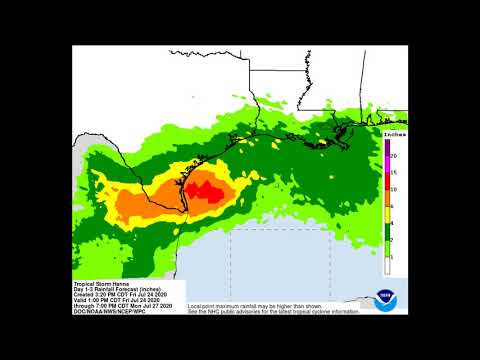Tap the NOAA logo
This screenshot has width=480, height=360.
(x=385, y=299)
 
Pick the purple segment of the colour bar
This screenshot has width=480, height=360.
(x=387, y=148)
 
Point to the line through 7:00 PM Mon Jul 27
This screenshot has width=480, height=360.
(x=116, y=305)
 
